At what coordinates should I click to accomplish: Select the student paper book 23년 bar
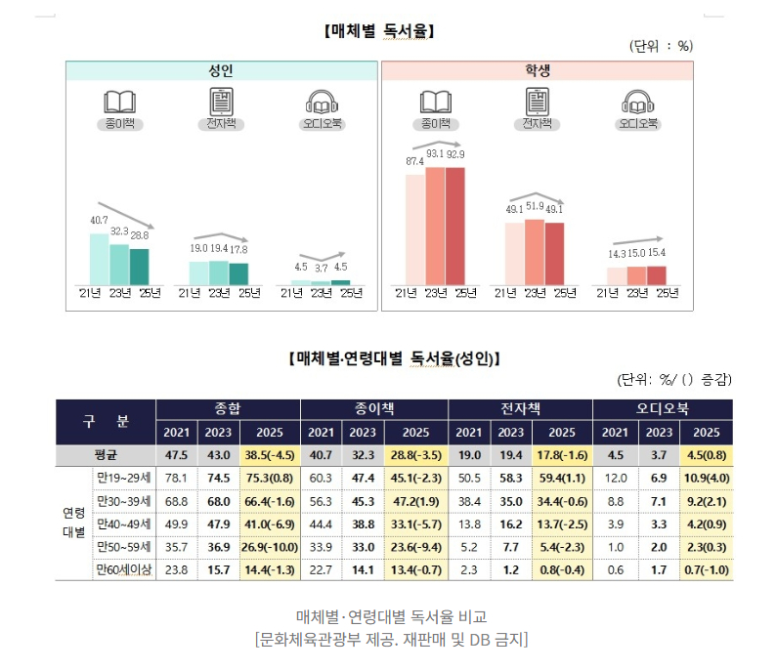(435, 226)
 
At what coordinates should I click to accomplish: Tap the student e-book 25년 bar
(555, 254)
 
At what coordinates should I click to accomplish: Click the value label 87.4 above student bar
(414, 162)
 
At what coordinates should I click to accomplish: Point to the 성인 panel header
(221, 70)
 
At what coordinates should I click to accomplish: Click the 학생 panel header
(537, 70)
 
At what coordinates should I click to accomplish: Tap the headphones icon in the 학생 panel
(637, 102)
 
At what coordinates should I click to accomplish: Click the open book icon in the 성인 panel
(119, 102)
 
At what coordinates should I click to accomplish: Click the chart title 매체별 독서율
(378, 31)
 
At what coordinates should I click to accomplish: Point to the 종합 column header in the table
(228, 408)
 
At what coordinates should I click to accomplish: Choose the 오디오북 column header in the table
(664, 408)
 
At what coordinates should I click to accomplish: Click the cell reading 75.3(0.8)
(268, 478)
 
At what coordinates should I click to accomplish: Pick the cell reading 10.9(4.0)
(706, 478)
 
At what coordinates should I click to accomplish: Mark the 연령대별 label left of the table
(73, 523)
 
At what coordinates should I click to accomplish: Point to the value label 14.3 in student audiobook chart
(616, 254)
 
